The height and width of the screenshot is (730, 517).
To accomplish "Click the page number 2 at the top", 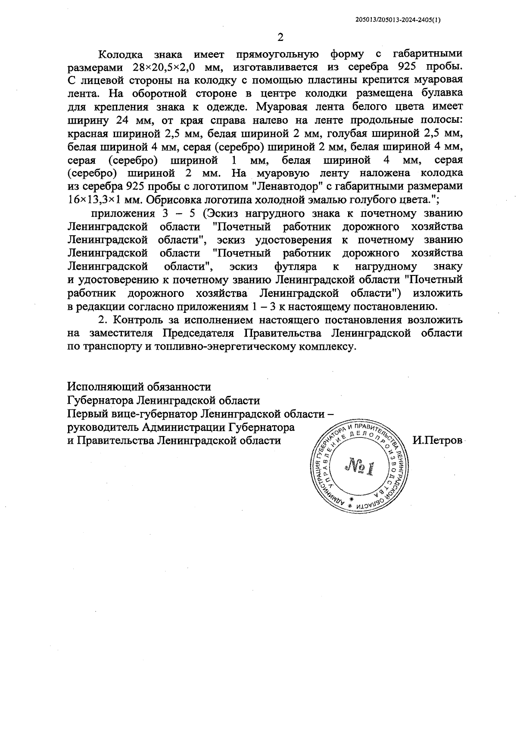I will tap(280, 37).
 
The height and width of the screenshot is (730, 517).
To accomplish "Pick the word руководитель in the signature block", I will tap(102, 427).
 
